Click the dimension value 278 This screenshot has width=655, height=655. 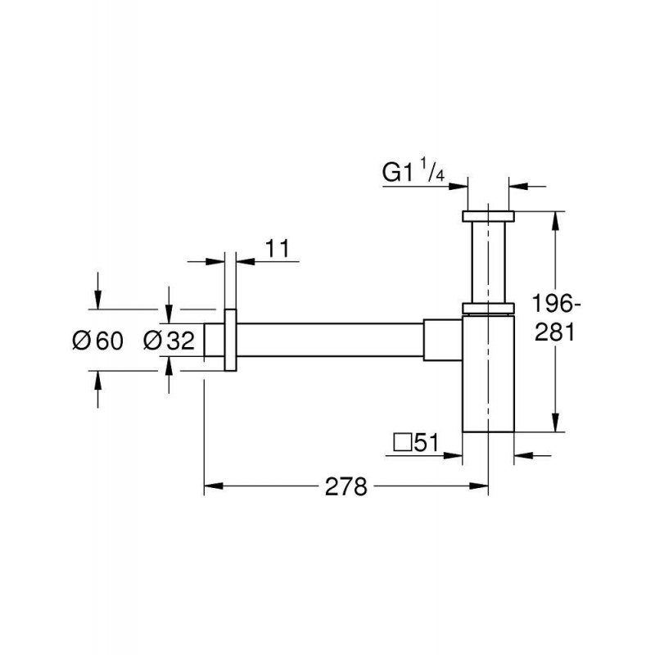(x=346, y=486)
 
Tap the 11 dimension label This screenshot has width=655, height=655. (x=277, y=249)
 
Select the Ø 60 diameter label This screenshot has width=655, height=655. (x=97, y=341)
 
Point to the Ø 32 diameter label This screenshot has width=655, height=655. (x=169, y=341)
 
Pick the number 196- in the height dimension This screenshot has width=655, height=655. (x=556, y=304)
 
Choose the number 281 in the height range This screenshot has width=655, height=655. (x=555, y=333)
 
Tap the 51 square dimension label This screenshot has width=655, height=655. (x=427, y=442)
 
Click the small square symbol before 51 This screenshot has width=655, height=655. (x=402, y=443)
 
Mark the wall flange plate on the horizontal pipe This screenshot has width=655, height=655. (x=231, y=340)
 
